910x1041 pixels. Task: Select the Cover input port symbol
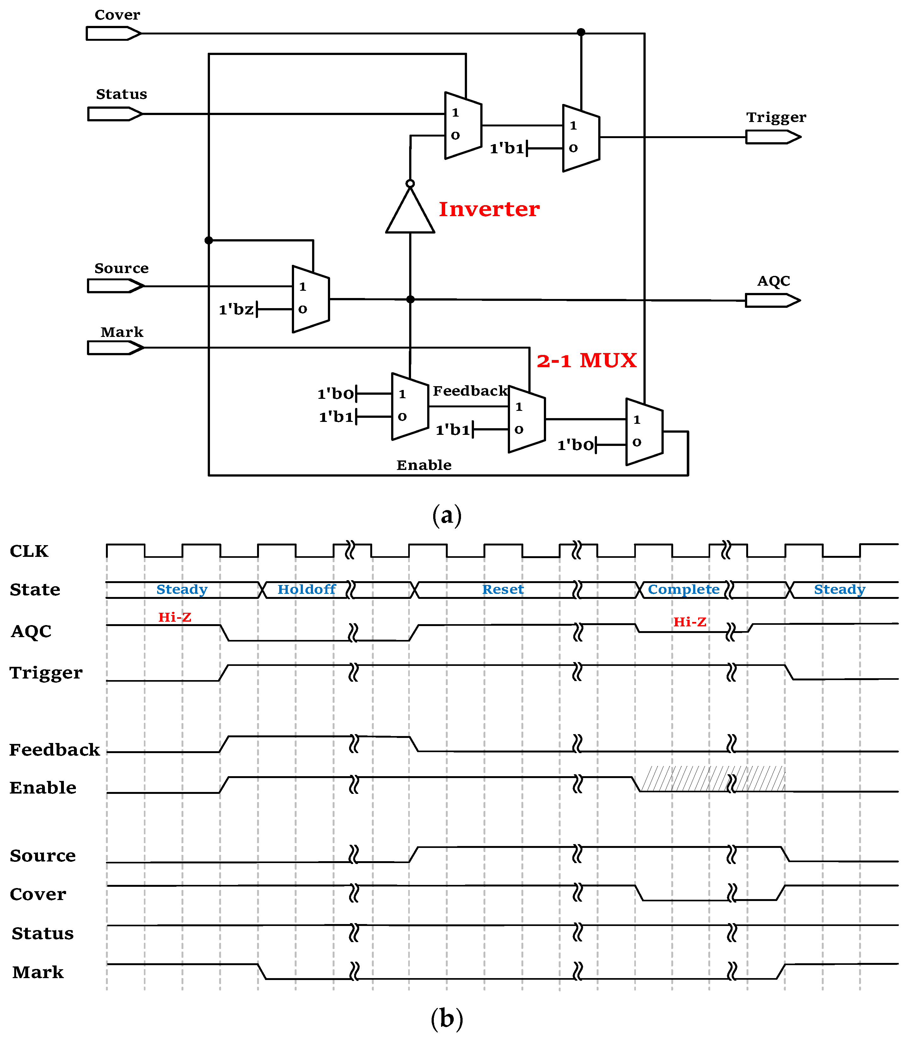pos(113,33)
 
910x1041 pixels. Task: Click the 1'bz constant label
pos(236,309)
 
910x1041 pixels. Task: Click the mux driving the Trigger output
pos(581,138)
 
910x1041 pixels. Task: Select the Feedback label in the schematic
pos(470,391)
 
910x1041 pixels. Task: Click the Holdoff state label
pos(306,589)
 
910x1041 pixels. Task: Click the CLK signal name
pos(29,551)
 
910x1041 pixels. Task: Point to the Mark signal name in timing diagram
pos(38,972)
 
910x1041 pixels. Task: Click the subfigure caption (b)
pos(446,1018)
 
